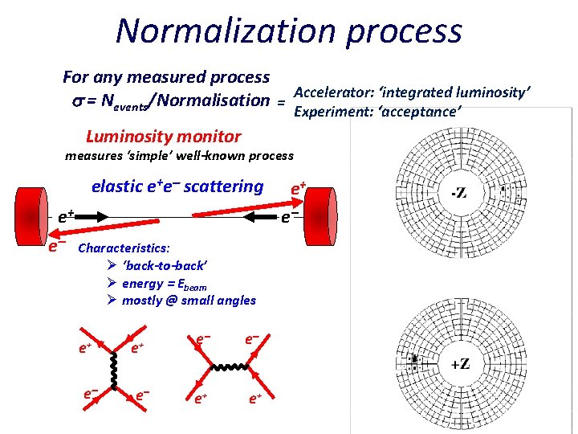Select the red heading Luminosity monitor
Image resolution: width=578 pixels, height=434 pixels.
coord(163,137)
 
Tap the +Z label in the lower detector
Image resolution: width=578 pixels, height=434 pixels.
coord(460,363)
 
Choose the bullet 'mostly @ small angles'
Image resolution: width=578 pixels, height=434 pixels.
coord(189,301)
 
